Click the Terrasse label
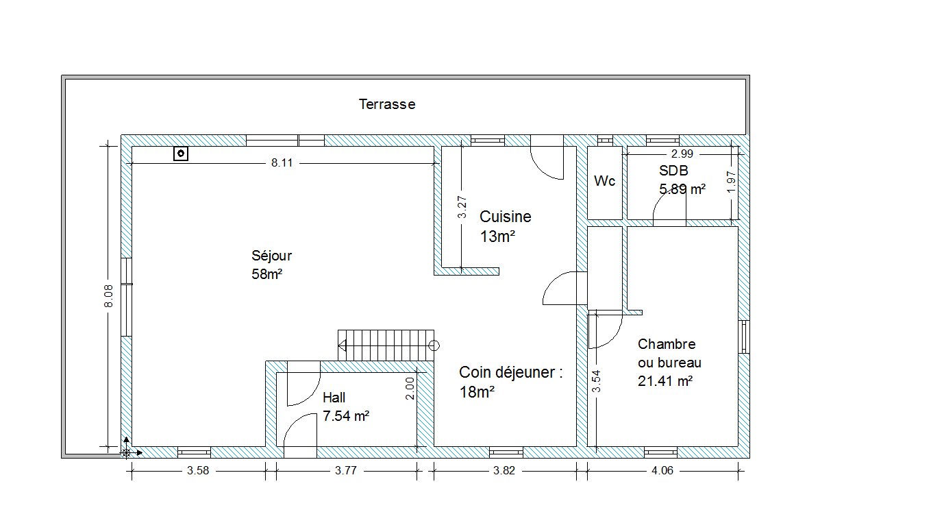[x=387, y=104]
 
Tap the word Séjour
[x=271, y=256]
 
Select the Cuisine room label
[x=505, y=217]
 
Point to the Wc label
[x=604, y=181]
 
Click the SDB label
[x=673, y=171]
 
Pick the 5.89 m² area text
[x=682, y=188]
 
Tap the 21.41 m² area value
[x=665, y=381]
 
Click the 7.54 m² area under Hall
[x=346, y=415]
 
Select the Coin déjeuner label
[x=510, y=372]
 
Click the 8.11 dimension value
[x=282, y=163]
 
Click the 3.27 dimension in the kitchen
[x=462, y=208]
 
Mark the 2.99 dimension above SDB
[x=682, y=154]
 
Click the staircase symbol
[x=386, y=345]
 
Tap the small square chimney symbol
[x=180, y=154]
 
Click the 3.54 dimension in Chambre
[x=596, y=381]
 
